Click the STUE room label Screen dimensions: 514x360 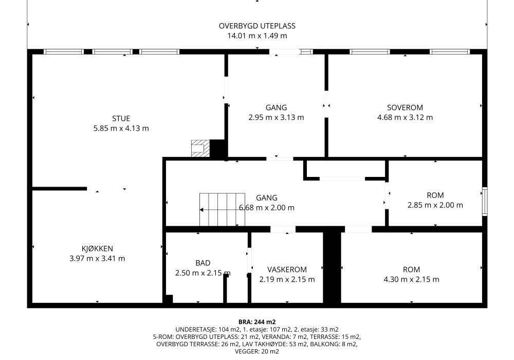click(x=121, y=118)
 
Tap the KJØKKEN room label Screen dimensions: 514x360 click(x=97, y=248)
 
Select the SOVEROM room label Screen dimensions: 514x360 click(x=405, y=107)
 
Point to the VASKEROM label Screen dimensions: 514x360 click(x=287, y=269)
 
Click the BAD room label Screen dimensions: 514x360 click(x=203, y=263)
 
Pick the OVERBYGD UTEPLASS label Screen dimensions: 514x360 click(x=257, y=26)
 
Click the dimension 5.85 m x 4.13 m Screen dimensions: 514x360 click(x=121, y=128)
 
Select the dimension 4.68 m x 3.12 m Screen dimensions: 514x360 click(x=405, y=117)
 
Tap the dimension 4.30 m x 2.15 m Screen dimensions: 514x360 click(x=411, y=279)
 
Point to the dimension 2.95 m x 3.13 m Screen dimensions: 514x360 click(x=276, y=117)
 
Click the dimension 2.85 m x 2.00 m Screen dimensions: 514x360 click(x=435, y=205)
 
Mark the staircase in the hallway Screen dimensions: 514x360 click(x=222, y=209)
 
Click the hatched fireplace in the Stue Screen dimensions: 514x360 click(x=200, y=149)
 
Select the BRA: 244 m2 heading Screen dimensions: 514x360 click(x=257, y=322)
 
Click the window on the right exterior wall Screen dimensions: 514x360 click(x=485, y=201)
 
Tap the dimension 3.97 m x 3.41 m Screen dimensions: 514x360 click(x=97, y=258)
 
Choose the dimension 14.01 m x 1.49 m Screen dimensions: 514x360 click(x=257, y=35)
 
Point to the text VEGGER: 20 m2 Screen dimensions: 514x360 click(x=257, y=352)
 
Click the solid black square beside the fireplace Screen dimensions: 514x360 click(x=218, y=149)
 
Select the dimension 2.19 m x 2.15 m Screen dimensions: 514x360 click(x=287, y=279)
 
